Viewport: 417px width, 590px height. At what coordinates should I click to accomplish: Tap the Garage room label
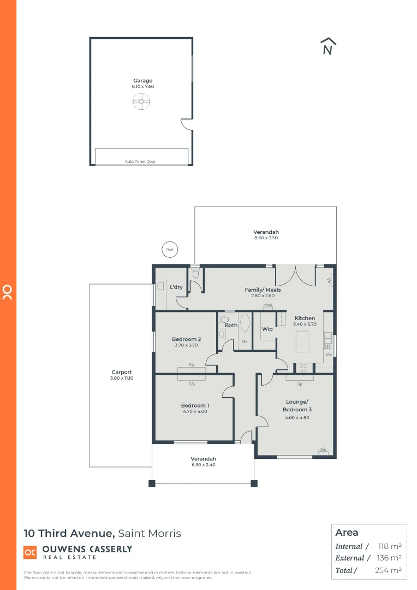click(142, 81)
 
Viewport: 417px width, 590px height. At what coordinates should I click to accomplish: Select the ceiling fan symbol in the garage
click(141, 101)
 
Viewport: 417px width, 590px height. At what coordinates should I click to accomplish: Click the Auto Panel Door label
click(140, 162)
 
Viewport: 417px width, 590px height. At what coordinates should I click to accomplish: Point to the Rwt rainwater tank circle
click(170, 250)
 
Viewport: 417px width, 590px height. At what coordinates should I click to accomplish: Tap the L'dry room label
click(176, 287)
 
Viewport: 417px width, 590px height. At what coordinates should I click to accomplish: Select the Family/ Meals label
click(263, 290)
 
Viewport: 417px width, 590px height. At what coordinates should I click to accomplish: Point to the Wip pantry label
click(267, 329)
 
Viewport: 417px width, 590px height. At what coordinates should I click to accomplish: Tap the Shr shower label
click(245, 342)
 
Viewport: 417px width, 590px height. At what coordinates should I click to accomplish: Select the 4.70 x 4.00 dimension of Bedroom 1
click(195, 412)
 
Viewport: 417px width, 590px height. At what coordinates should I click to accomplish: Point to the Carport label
click(122, 372)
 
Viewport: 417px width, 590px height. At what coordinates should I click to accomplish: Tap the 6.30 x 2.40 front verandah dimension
click(203, 465)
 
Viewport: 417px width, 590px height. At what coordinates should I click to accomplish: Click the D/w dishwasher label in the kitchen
click(328, 355)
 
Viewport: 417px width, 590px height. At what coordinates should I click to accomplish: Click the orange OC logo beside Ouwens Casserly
click(30, 552)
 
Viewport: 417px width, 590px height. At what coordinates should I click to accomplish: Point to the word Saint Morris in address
click(150, 533)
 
